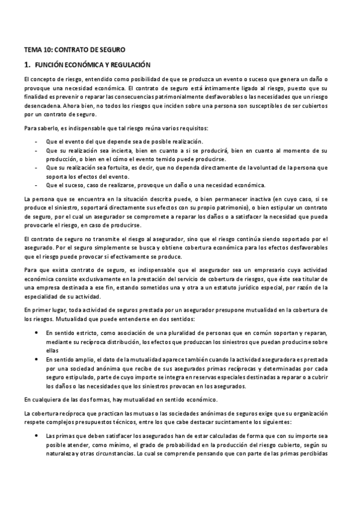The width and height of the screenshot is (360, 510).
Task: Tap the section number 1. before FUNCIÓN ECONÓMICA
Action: tap(27, 64)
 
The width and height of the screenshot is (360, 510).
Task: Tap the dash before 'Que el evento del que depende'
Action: tap(37, 141)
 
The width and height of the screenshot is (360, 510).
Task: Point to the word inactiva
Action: tap(222, 198)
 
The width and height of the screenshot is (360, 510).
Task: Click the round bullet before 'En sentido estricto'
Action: tap(37, 333)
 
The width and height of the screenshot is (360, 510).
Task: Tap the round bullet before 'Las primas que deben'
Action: tap(37, 435)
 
